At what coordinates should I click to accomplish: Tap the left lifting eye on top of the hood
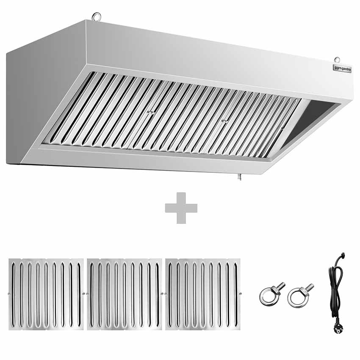point(96,17)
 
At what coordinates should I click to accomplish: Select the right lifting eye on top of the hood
point(337,59)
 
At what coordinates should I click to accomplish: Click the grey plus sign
point(181,208)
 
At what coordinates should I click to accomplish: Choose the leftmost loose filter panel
point(46,294)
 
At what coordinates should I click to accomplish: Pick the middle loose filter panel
point(125,294)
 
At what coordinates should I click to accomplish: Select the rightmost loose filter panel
point(203,294)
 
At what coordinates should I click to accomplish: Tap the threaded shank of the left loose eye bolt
point(280,286)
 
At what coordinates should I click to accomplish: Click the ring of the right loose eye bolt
point(296,298)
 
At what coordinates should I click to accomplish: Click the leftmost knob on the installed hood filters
point(150,112)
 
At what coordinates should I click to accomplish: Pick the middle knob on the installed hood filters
point(224,121)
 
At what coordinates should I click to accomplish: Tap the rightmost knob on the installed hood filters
point(282,127)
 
